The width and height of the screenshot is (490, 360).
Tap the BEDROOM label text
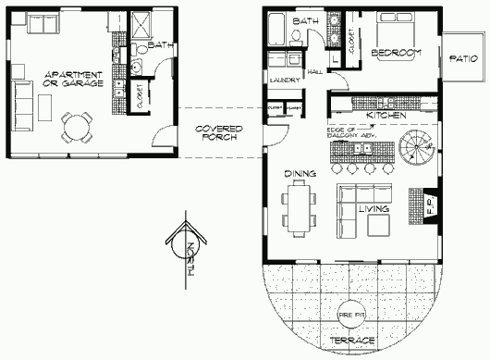396,54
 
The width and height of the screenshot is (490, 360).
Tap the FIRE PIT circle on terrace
351,315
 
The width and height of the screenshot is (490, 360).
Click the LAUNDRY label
281,81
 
